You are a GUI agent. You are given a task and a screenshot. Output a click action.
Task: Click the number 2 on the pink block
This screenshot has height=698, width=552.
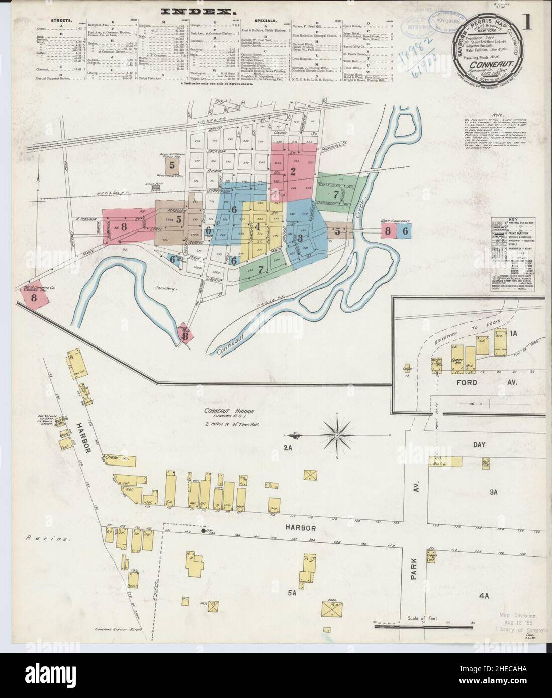coord(292,171)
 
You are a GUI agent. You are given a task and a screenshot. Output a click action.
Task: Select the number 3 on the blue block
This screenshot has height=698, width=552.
coord(300,237)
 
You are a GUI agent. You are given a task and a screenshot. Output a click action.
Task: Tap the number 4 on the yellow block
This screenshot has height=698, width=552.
coord(258,226)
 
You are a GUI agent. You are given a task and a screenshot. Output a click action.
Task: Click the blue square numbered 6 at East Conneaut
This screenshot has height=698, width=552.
coord(405,230)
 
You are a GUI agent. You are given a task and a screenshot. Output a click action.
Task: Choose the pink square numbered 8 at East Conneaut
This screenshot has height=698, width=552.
coord(388,230)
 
